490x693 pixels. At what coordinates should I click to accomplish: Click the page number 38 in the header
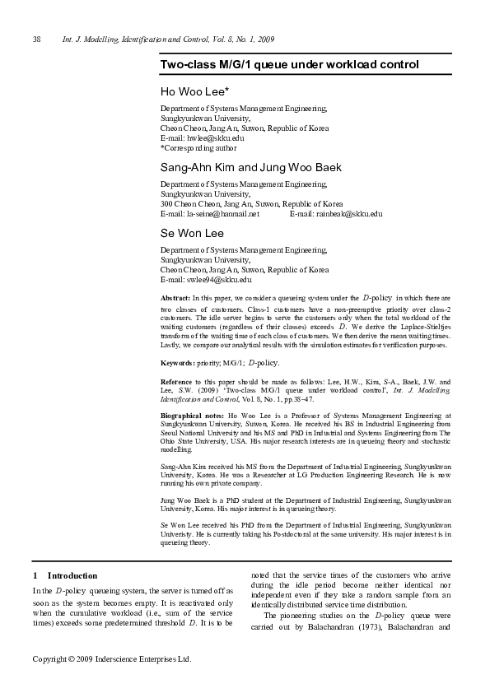point(36,40)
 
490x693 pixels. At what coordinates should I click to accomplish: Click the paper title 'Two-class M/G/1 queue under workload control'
point(289,64)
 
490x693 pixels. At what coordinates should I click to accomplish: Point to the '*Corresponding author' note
point(198,149)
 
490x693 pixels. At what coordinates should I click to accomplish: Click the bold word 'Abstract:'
point(175,295)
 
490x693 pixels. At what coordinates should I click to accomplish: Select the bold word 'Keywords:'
point(178,363)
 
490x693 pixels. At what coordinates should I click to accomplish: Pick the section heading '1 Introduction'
point(64,575)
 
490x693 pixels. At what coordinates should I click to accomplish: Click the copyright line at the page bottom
point(112,659)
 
